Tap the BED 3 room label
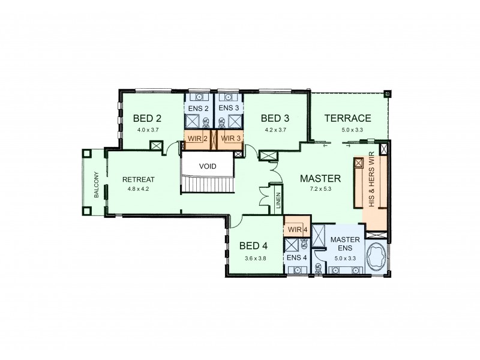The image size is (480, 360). click(275, 118)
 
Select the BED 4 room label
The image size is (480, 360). click(253, 245)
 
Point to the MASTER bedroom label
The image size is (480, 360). click(320, 178)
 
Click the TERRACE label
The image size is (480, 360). click(347, 118)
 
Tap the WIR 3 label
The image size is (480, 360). click(230, 138)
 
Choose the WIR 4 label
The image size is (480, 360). click(296, 230)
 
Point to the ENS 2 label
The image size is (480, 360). click(197, 108)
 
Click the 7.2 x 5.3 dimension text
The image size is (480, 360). click(320, 188)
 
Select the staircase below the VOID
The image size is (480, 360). click(206, 184)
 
